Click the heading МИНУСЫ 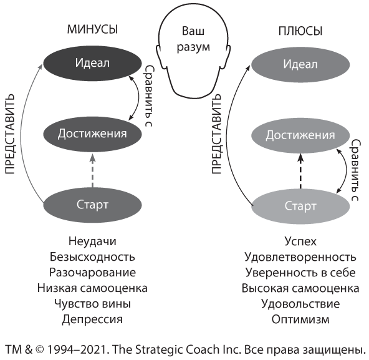(92, 30)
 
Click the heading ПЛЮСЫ (300, 31)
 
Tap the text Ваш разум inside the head (193, 39)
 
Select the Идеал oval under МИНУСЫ (92, 63)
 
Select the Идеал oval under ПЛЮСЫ (300, 64)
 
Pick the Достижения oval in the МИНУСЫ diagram (92, 134)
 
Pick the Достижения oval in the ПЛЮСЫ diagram (300, 135)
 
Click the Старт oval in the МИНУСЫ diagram (92, 205)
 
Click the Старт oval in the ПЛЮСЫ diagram (300, 206)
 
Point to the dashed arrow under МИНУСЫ (92, 170)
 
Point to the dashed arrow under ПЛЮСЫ (300, 171)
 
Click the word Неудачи (92, 241)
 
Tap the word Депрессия (92, 319)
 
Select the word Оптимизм (300, 319)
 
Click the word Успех (300, 241)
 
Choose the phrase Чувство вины (92, 304)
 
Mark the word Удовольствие (300, 304)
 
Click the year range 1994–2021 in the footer (77, 349)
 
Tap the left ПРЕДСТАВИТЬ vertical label (10, 134)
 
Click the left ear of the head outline (159, 55)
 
